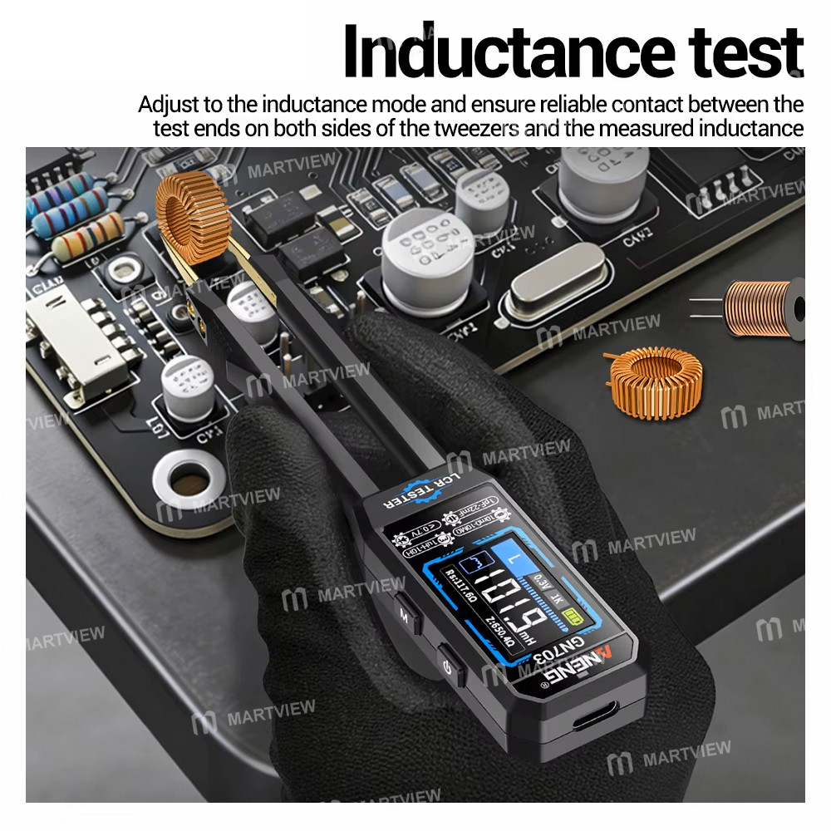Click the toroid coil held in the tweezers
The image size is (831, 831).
(x=192, y=218)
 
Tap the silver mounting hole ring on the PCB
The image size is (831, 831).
(x=189, y=480)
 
